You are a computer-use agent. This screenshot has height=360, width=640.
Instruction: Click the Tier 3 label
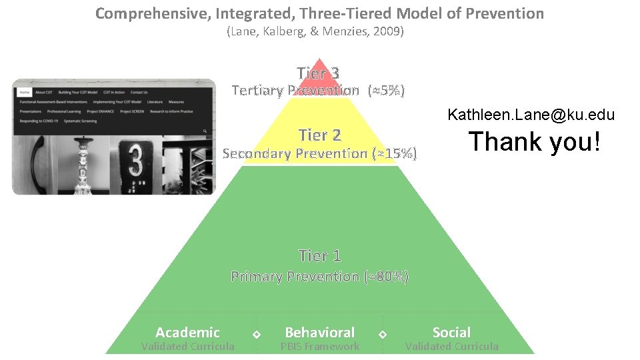[319, 73]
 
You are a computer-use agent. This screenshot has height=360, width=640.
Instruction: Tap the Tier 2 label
[320, 135]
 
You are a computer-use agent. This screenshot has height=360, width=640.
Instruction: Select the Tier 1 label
[320, 255]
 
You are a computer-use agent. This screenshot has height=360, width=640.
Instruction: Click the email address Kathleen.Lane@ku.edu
[531, 115]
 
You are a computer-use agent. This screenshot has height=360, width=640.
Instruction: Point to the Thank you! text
[535, 142]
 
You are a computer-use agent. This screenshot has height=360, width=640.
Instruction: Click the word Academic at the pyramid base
[187, 332]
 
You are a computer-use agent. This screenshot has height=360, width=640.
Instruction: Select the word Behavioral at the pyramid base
[320, 332]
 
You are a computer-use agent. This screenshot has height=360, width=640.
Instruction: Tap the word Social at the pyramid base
[451, 332]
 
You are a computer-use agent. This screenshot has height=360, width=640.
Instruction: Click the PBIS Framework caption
[320, 347]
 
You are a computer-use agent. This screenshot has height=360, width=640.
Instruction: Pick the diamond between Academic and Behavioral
[256, 333]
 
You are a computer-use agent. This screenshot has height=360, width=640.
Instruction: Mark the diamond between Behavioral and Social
[383, 333]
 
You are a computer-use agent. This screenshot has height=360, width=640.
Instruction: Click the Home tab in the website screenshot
[25, 92]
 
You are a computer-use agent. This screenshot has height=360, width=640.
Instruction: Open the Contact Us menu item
[139, 92]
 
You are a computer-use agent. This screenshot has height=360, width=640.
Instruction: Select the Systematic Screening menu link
[81, 121]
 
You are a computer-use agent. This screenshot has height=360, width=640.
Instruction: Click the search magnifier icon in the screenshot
[205, 131]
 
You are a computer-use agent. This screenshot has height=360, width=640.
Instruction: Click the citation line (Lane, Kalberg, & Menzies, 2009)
[315, 31]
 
